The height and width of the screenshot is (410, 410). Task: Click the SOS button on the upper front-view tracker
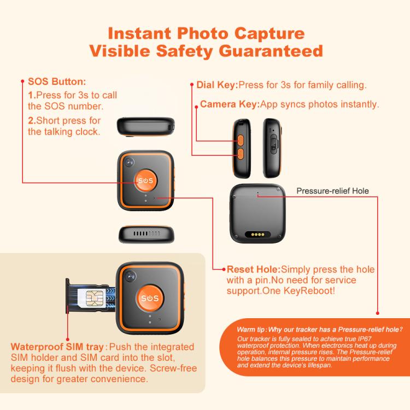146,180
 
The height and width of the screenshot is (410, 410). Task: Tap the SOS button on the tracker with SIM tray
150,298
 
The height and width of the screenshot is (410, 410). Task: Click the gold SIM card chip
92,298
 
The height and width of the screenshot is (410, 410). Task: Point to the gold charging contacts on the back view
257,235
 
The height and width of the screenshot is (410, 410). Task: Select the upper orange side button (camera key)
241,140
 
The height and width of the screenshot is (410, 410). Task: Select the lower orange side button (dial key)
241,154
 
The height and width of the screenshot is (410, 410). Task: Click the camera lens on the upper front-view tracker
129,162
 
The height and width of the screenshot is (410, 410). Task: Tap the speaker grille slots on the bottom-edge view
147,233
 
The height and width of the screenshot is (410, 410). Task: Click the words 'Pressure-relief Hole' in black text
332,191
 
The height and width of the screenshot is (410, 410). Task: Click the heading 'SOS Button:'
57,81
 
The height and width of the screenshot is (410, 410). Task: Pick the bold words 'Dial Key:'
217,85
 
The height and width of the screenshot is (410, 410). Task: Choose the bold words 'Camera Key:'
230,104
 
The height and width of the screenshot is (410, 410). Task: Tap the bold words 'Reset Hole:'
253,270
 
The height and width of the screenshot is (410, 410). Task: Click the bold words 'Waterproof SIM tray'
57,347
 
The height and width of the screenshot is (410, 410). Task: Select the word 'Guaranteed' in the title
271,51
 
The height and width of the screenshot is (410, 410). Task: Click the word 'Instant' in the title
139,33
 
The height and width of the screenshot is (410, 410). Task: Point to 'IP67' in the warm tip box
365,339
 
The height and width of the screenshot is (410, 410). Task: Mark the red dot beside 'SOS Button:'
22,81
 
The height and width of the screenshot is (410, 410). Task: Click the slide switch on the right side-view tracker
273,143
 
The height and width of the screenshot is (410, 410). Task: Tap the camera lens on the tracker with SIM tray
130,277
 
